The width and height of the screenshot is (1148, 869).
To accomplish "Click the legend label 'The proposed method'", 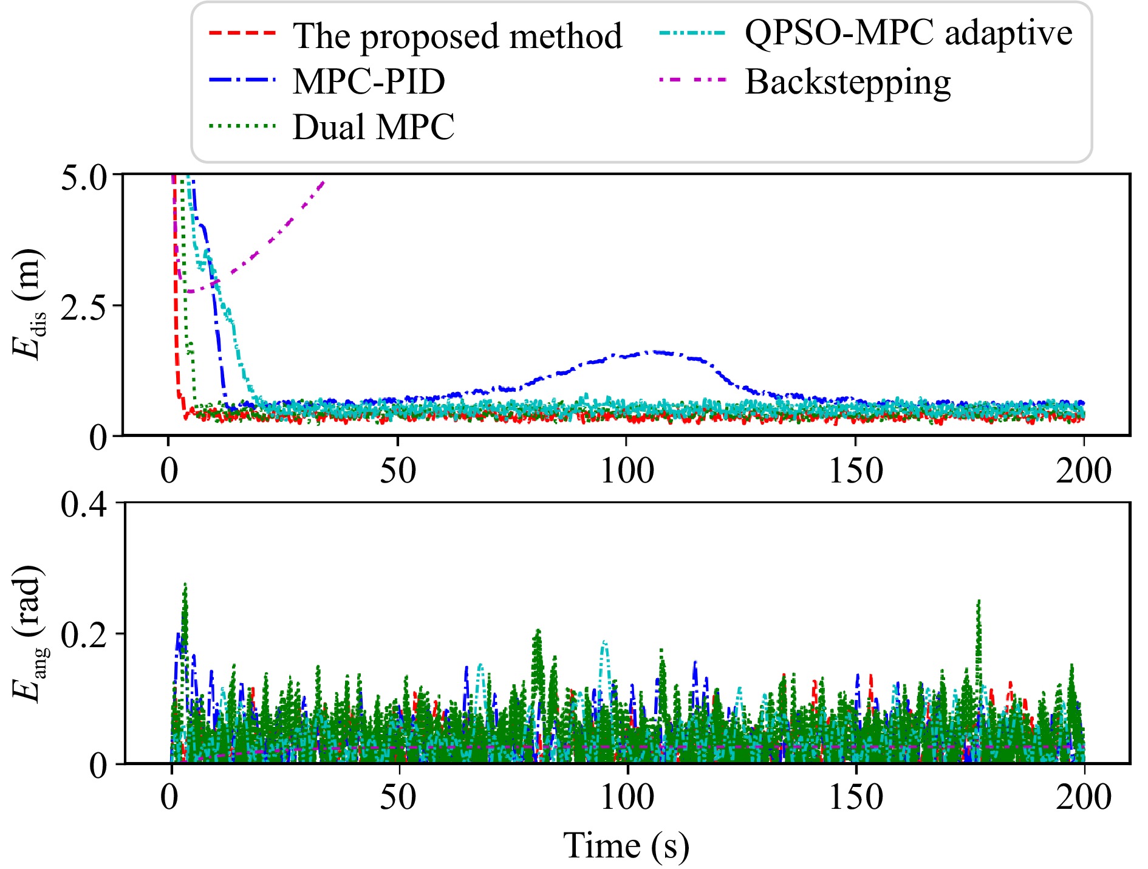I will (457, 36).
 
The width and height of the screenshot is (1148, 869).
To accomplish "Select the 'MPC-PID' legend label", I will (369, 81).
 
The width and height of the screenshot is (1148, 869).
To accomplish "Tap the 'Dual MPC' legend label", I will (373, 127).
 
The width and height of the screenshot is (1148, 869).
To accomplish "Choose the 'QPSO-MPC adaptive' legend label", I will (908, 33).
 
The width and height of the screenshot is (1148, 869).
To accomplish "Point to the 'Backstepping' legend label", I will (847, 81).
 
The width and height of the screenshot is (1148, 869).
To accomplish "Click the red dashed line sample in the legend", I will (242, 33).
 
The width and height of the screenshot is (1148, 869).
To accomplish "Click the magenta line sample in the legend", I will (692, 80).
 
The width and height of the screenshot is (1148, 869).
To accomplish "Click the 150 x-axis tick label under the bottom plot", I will (856, 798).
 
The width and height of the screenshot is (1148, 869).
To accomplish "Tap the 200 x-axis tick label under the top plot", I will (1084, 471).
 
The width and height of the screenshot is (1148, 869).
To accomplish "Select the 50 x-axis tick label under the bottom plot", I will (398, 798).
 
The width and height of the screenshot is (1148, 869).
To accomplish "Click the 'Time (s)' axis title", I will (626, 845).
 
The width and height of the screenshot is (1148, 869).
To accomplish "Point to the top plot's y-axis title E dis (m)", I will (27, 304).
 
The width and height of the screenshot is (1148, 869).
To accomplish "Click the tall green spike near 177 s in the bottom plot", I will (979, 602).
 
